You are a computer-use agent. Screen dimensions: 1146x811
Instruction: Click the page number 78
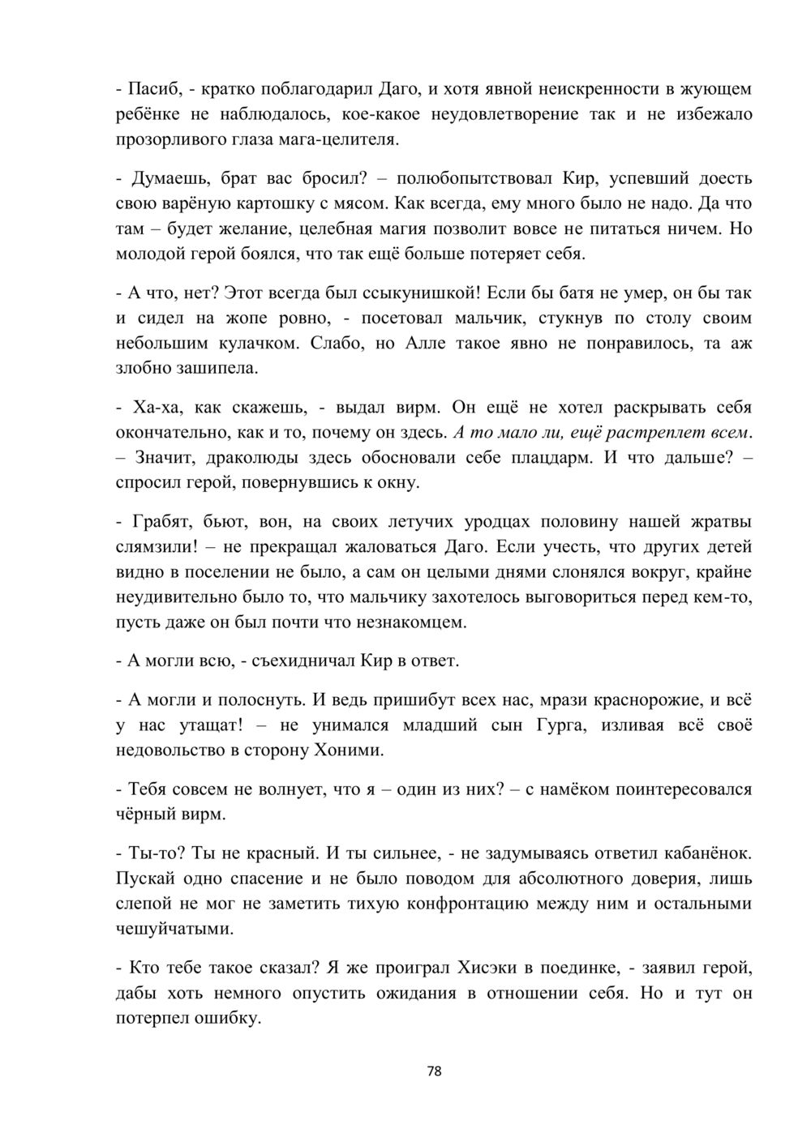pos(434,1071)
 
